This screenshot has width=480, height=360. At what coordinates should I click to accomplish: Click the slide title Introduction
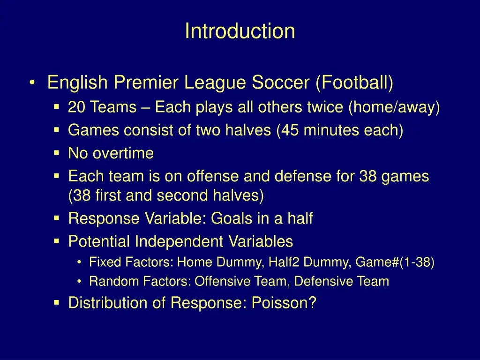[240, 31]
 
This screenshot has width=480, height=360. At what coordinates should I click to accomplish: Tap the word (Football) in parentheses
[354, 83]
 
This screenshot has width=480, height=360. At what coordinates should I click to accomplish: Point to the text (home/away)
[394, 108]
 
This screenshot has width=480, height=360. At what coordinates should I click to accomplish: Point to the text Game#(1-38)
[395, 262]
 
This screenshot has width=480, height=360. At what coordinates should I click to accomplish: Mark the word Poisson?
[284, 303]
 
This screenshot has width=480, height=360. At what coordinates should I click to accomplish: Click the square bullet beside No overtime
[56, 153]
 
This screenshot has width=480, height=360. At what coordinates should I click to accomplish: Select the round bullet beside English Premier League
[31, 83]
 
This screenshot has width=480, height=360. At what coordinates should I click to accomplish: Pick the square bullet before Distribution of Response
[56, 303]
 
